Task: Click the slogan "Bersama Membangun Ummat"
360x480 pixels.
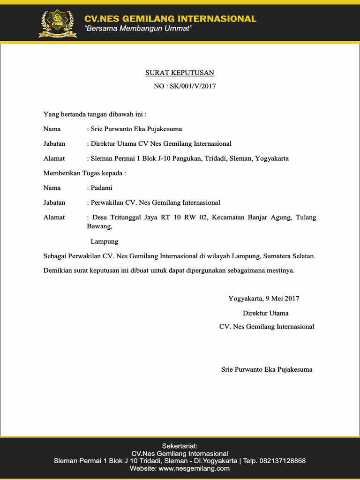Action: pyautogui.click(x=138, y=29)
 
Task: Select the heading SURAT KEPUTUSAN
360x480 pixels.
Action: pyautogui.click(x=179, y=73)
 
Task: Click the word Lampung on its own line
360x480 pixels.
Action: pyautogui.click(x=104, y=241)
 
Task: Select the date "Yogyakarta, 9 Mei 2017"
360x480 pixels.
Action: pyautogui.click(x=264, y=298)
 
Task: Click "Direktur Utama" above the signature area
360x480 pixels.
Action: pyautogui.click(x=265, y=313)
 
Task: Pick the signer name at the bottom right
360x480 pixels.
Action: pyautogui.click(x=267, y=369)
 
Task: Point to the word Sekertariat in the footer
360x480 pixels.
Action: pyautogui.click(x=180, y=445)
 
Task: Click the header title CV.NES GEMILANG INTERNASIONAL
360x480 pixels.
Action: pyautogui.click(x=170, y=19)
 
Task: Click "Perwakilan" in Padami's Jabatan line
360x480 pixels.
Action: pyautogui.click(x=107, y=202)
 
